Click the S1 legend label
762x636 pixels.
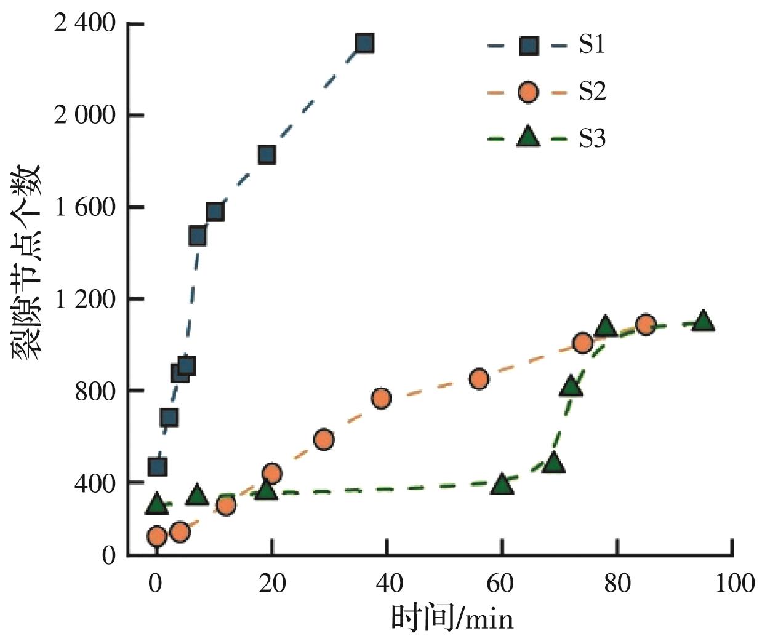(592, 45)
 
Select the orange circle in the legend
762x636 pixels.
(527, 92)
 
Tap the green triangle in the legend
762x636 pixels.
(527, 137)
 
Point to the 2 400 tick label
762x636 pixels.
(84, 24)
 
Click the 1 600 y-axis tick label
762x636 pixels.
(84, 207)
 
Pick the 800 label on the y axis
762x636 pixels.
(95, 391)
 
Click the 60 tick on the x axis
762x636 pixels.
(502, 582)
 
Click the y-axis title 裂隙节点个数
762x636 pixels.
(26, 261)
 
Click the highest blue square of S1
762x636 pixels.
(364, 43)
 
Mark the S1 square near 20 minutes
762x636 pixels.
(267, 154)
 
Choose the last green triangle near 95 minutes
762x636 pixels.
(702, 320)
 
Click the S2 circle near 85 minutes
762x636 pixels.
(645, 325)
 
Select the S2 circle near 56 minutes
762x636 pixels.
(479, 379)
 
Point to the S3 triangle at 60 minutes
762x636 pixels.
(502, 485)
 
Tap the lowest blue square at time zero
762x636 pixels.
(158, 467)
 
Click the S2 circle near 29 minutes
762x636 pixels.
(324, 439)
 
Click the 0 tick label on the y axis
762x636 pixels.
(108, 555)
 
